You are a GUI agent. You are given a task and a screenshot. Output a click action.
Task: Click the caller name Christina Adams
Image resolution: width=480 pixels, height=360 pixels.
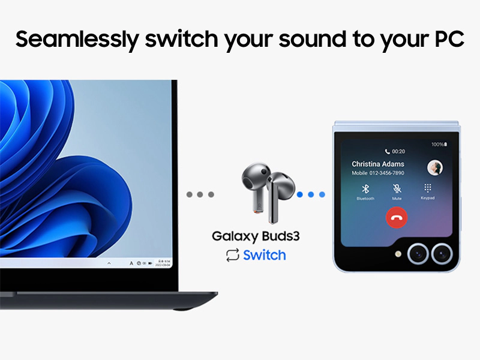[377, 164]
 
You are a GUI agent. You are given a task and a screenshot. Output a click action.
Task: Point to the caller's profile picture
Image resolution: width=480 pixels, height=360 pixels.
[434, 167]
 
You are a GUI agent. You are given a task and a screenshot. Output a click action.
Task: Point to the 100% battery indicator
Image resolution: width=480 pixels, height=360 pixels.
[437, 145]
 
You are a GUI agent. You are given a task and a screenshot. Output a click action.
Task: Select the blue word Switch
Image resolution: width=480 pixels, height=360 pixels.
[264, 255]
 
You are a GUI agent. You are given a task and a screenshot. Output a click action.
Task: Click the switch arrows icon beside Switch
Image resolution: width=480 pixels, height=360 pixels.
[232, 255]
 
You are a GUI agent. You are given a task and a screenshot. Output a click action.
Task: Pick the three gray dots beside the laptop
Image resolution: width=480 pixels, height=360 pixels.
[200, 194]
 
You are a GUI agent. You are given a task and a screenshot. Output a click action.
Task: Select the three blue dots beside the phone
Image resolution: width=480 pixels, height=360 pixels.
[311, 194]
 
